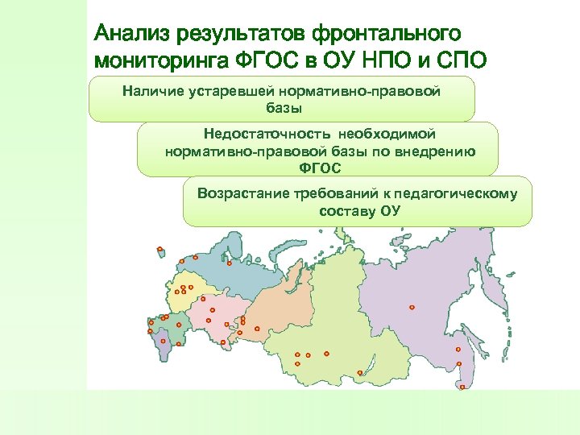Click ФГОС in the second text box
(x=320, y=168)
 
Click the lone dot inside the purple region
(x=412, y=307)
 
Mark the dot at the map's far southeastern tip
(x=462, y=387)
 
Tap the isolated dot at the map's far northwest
(x=160, y=249)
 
